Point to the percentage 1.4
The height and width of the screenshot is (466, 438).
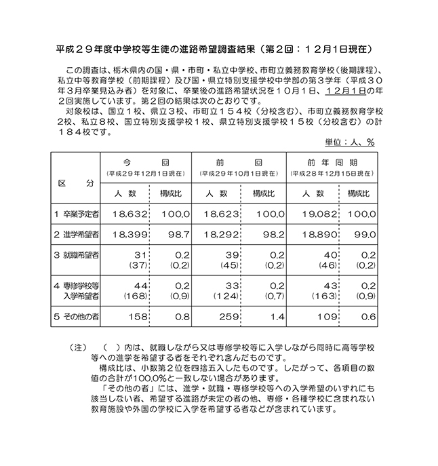tap(273, 315)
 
